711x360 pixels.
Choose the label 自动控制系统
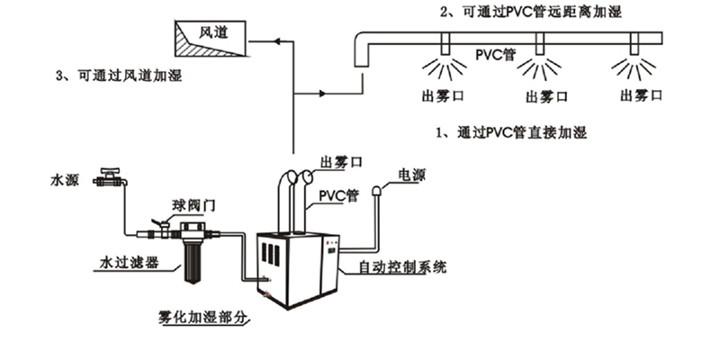point(401,267)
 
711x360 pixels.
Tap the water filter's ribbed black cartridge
point(191,257)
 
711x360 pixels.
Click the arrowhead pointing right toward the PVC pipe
point(323,93)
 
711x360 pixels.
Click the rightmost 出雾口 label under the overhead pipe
point(641,94)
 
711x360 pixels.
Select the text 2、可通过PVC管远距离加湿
point(530,12)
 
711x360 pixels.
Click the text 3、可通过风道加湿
point(118,76)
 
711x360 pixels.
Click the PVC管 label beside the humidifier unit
point(338,194)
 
